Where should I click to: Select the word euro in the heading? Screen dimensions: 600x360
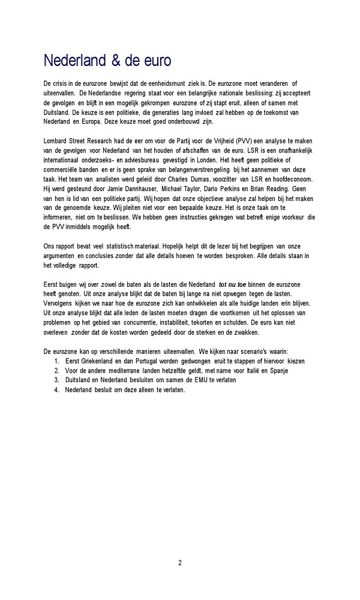[x=157, y=61]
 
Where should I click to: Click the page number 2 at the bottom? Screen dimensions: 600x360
[x=179, y=562]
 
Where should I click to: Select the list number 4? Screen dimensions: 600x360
[x=55, y=389]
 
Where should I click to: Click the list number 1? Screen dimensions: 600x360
[x=55, y=361]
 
